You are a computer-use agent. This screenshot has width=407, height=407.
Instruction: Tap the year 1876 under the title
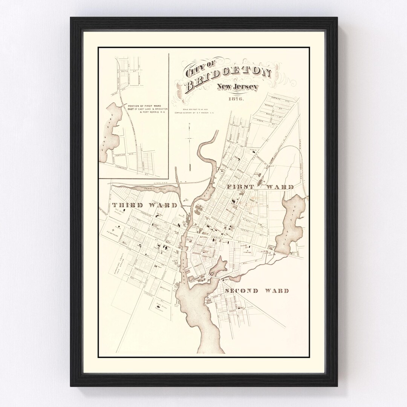[236, 99]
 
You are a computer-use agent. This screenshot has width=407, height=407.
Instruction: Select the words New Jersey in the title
[237, 88]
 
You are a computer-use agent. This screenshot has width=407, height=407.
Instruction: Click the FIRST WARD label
[260, 187]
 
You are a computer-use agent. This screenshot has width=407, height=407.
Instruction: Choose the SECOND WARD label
[257, 291]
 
